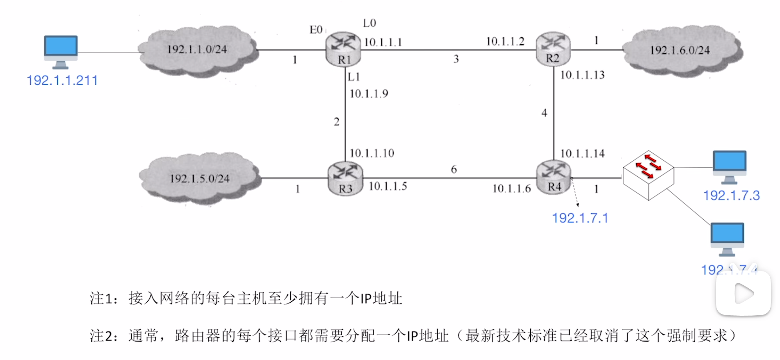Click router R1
click(343, 50)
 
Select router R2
click(553, 49)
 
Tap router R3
click(345, 179)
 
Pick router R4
click(554, 178)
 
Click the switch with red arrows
click(648, 175)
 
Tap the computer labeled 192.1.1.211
click(61, 52)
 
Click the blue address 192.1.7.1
click(580, 218)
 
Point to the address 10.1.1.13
click(582, 75)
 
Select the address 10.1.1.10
click(372, 153)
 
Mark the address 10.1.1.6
click(511, 189)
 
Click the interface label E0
click(316, 30)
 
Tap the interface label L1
click(354, 77)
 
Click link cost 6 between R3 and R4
click(454, 169)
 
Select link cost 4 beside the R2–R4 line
click(544, 113)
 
